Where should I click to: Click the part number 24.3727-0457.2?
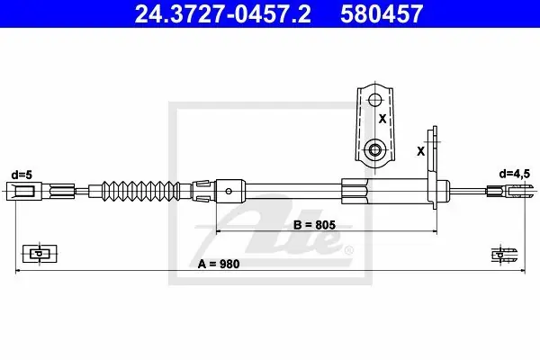222,13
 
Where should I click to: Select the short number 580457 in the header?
382,13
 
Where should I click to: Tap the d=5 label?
22,175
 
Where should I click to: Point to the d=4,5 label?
515,175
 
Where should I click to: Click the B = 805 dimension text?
314,225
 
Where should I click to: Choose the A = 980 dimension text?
219,265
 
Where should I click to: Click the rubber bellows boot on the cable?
140,191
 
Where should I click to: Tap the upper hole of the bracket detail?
375,100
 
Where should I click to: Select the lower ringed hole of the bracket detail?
374,150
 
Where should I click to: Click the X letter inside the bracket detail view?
382,119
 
